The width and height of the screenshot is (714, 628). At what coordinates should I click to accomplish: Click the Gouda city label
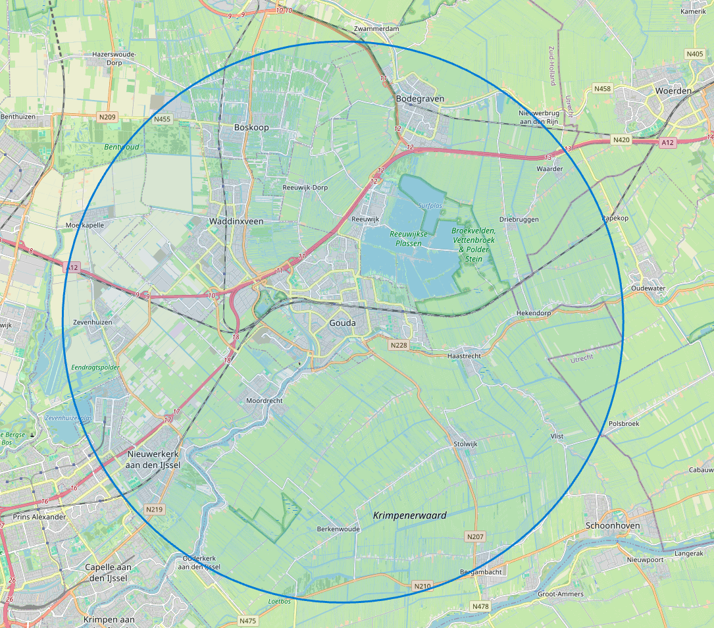coord(342,323)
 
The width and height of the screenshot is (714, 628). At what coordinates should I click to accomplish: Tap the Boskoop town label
coord(251,127)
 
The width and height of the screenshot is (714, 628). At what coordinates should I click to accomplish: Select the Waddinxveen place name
coord(236,221)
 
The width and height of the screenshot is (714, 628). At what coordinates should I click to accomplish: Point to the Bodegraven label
coord(420,99)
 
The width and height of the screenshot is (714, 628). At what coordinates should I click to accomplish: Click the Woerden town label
coord(673,90)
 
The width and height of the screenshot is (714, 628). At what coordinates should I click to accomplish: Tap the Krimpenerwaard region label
coord(409,515)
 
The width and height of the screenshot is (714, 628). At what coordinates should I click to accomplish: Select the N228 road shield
coord(399,345)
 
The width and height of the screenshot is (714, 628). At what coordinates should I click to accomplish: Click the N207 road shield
coord(474,537)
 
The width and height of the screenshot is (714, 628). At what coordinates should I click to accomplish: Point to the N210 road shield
coord(422,586)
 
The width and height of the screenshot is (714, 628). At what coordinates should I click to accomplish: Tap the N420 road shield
coord(621,140)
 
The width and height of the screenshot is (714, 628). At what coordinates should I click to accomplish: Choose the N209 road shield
coord(107,117)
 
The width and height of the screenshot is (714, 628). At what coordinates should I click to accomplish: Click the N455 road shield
coord(162,119)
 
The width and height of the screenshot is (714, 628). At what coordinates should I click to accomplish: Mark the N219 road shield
coord(155,510)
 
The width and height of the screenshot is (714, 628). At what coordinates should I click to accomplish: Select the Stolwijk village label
coord(465,444)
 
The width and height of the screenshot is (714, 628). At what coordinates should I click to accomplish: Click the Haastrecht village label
coord(464,355)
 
